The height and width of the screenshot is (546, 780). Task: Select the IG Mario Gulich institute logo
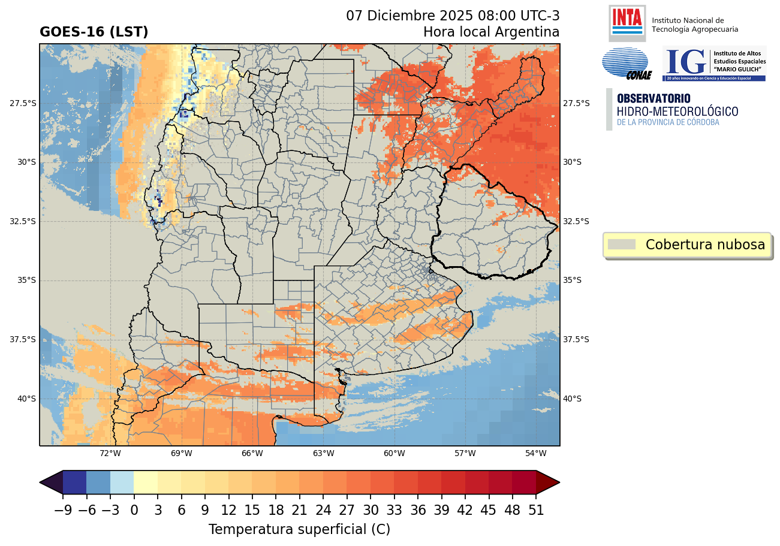[x=714, y=64]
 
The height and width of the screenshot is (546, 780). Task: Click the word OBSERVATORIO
[x=653, y=98]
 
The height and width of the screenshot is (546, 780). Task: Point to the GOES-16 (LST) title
[x=94, y=32]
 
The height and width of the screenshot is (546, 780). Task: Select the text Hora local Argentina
[x=491, y=32]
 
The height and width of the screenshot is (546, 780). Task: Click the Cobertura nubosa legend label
[x=705, y=245]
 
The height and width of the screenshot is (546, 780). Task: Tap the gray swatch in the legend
[x=621, y=245]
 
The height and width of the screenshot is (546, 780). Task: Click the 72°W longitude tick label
[x=110, y=453]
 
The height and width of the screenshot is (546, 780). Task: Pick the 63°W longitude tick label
[x=323, y=453]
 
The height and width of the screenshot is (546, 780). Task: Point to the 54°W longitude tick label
[x=536, y=453]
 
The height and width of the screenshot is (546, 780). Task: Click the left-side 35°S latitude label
[x=23, y=280]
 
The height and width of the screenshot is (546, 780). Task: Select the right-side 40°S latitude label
[x=576, y=399]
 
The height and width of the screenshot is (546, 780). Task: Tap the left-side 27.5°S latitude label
[x=23, y=103]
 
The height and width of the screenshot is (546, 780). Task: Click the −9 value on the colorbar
[x=62, y=511]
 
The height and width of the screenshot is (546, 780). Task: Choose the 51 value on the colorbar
[x=536, y=511]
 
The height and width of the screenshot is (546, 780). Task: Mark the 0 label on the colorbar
[x=134, y=511]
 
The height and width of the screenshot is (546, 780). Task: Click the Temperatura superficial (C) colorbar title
[x=299, y=530]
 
